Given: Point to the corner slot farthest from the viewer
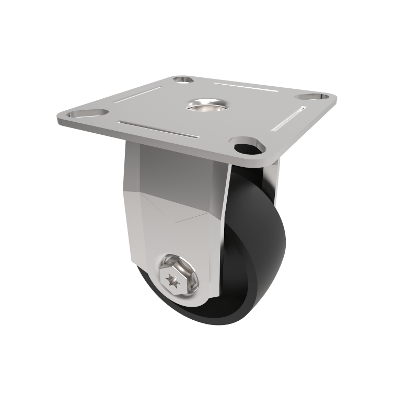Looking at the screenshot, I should pyautogui.click(x=183, y=79).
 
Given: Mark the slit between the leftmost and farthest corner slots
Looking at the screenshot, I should pyautogui.click(x=136, y=94).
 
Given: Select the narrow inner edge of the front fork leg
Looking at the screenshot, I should pyautogui.click(x=223, y=230).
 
